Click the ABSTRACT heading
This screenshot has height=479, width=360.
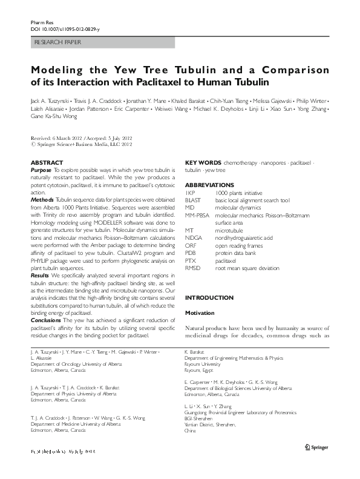pos(47,163)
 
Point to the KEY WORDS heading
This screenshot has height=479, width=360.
pos(203,164)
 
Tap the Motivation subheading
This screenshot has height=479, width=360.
pos(199,313)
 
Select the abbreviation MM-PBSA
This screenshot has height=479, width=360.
pos(198,215)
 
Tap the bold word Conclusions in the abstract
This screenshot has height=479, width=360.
pos(47,321)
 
